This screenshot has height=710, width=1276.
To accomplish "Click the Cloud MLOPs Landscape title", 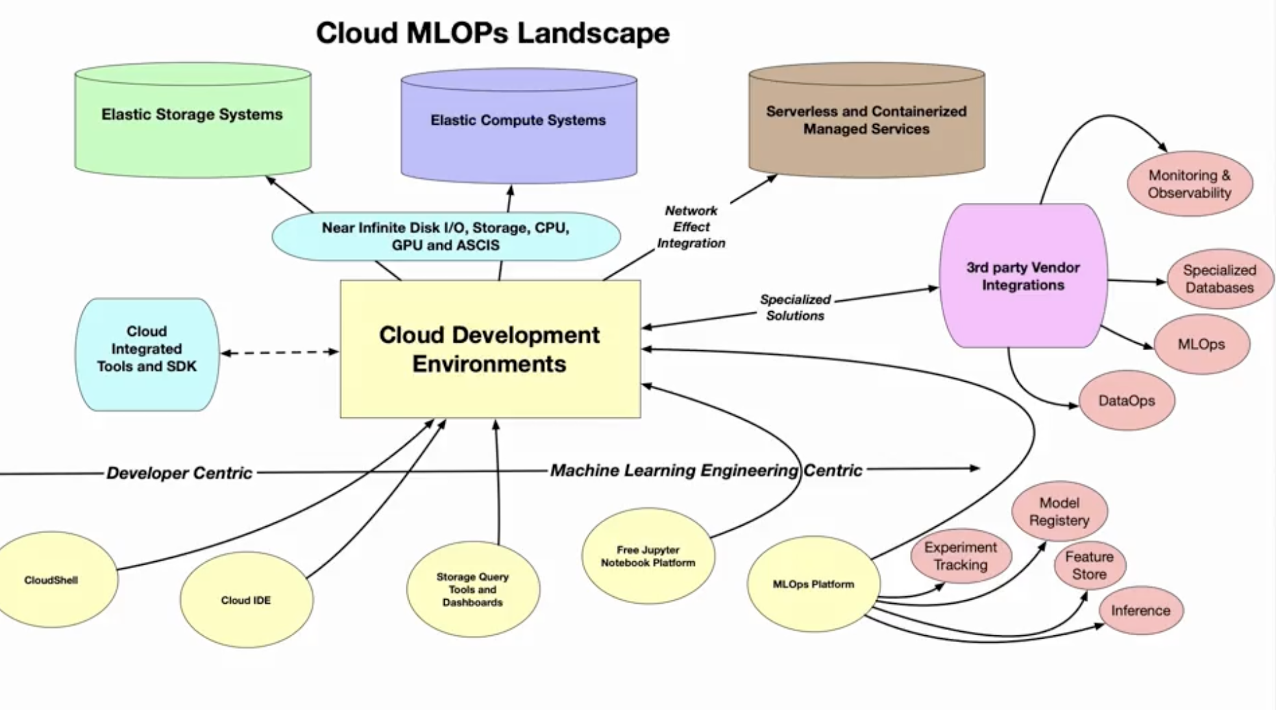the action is tap(493, 33).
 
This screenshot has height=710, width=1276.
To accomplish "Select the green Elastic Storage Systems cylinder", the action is tap(193, 120).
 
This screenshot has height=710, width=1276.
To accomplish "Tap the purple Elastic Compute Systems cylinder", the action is tap(519, 125).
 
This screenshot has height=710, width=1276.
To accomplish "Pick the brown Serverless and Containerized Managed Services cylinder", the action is tap(867, 121).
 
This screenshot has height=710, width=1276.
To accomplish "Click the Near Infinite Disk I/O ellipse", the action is tap(446, 236).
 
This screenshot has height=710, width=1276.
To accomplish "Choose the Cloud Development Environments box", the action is tap(491, 349).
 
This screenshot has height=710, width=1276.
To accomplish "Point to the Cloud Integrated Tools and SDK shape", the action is tap(147, 354).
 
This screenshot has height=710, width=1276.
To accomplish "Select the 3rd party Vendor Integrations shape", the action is tap(1023, 276).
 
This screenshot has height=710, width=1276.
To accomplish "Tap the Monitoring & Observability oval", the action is tap(1190, 184).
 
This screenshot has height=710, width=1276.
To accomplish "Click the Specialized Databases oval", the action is tap(1219, 279).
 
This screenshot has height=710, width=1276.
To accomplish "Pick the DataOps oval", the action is tap(1127, 401).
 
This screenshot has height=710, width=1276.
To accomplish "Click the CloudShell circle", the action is tap(51, 580).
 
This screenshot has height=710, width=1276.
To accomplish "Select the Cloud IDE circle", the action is tap(246, 600).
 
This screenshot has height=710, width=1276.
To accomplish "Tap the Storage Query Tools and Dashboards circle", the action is tap(473, 589).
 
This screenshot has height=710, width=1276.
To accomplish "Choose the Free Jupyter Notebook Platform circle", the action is tap(648, 556).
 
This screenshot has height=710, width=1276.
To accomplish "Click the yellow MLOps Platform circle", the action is tap(813, 585).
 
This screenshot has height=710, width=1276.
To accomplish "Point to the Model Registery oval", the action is tap(1059, 511).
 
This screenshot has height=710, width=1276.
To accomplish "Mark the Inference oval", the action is tap(1141, 610).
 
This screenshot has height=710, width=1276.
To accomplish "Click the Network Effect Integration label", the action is tap(691, 227).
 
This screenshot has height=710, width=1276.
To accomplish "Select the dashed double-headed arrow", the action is tap(280, 353).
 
